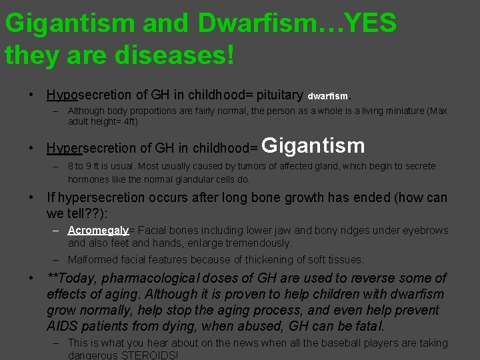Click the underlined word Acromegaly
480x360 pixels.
click(98, 230)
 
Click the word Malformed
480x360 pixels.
click(93, 259)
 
